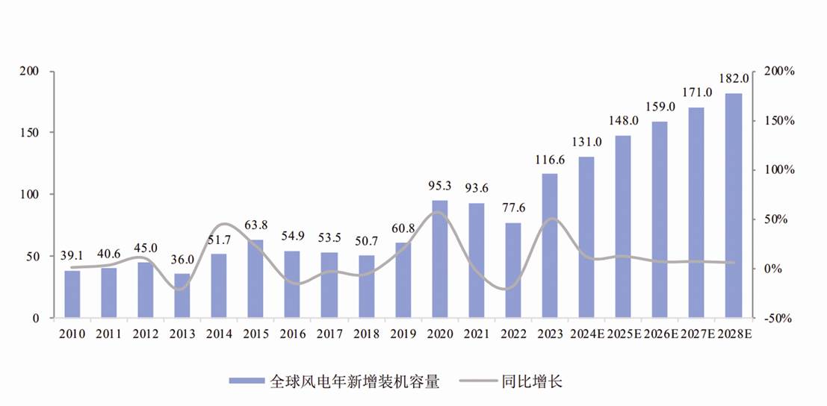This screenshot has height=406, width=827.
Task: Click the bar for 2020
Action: point(440,259)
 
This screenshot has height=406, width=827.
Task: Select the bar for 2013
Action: point(182,296)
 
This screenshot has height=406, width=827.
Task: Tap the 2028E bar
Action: point(734,205)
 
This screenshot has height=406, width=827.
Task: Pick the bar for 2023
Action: point(550,246)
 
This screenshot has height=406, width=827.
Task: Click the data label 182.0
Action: point(734,78)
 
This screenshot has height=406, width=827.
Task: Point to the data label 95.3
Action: point(440,186)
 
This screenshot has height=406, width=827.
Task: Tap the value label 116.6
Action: point(550,160)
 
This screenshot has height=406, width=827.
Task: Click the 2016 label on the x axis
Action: point(293,334)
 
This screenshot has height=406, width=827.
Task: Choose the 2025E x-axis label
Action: point(623,334)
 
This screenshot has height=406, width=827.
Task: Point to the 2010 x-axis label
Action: point(72,334)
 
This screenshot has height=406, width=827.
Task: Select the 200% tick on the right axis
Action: point(779,72)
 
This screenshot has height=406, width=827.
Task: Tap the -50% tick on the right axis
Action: point(779,318)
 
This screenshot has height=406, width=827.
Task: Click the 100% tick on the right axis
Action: point(779,170)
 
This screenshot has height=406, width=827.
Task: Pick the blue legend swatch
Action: point(247,382)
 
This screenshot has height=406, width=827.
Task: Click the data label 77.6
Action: point(513,207)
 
